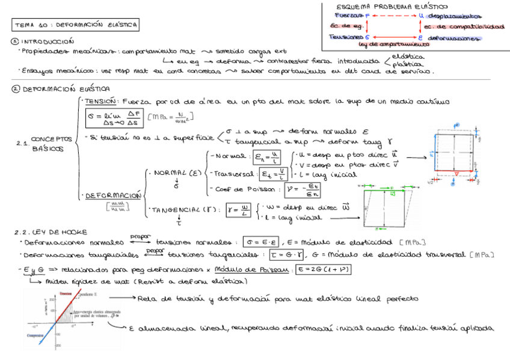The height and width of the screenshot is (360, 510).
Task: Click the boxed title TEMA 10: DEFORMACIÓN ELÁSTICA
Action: pos(76,25)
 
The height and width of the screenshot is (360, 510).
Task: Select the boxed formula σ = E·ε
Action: pos(263,242)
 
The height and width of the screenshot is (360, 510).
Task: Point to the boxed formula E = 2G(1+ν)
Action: pos(324,269)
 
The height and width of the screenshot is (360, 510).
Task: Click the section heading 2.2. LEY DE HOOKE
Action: pos(51,231)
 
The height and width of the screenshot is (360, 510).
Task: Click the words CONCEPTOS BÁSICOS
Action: pos(51,143)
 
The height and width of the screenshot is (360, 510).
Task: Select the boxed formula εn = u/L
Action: pos(266,158)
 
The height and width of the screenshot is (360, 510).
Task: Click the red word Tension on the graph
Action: pos(66,293)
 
